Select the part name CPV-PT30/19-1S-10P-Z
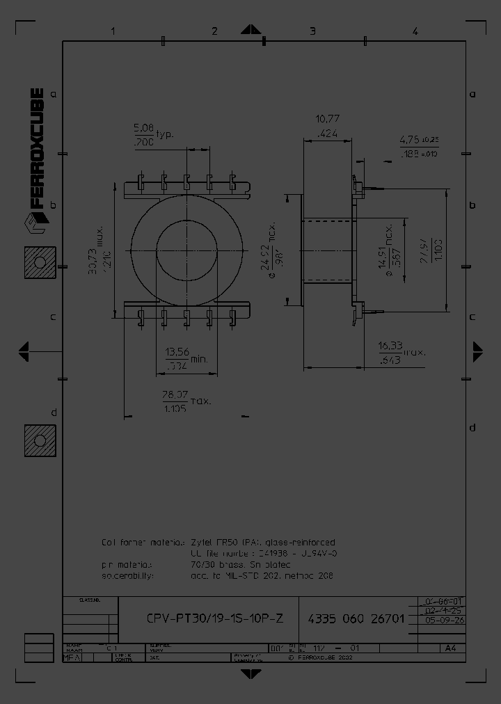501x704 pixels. pyautogui.click(x=215, y=618)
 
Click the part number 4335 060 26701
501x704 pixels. pyautogui.click(x=355, y=618)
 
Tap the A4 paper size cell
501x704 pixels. pyautogui.click(x=450, y=648)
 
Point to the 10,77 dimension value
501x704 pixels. pyautogui.click(x=327, y=120)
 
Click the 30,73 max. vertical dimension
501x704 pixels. pyautogui.click(x=92, y=250)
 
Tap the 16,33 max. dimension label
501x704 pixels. pyautogui.click(x=390, y=346)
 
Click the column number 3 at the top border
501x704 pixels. pyautogui.click(x=312, y=31)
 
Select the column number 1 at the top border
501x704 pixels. pyautogui.click(x=112, y=31)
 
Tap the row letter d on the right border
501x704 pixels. pyautogui.click(x=472, y=426)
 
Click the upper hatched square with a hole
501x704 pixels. pyautogui.click(x=40, y=262)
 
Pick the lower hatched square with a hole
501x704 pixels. pyautogui.click(x=40, y=441)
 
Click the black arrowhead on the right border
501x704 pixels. pyautogui.click(x=477, y=351)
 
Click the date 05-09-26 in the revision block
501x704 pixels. pyautogui.click(x=440, y=620)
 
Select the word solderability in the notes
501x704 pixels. pyautogui.click(x=127, y=576)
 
